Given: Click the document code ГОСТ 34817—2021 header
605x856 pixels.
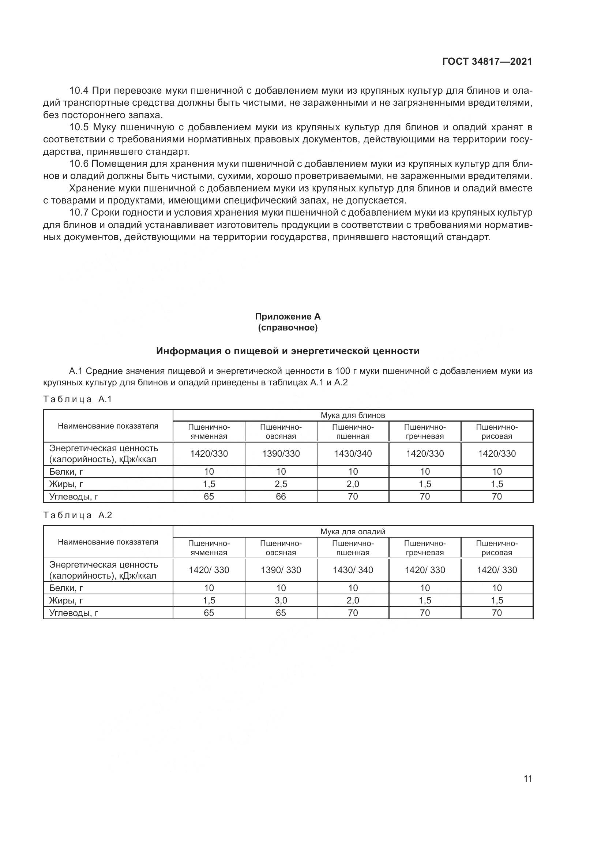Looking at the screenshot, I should pos(487,62).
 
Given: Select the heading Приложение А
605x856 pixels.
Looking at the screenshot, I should pos(288,317).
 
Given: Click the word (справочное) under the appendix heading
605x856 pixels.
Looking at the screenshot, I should pos(288,328).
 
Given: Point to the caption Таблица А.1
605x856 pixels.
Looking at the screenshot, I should pos(78,399).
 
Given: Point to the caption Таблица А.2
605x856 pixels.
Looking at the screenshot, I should pos(78,515).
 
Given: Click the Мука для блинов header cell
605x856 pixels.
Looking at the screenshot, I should pos(352,415).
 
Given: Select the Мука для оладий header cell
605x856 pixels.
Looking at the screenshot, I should pos(352,532).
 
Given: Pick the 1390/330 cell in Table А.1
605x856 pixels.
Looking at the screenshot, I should pos(281,454).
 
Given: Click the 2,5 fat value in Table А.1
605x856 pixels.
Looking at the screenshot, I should pos(281,484).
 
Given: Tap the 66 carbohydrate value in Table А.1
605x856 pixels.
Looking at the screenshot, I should pos(281,496).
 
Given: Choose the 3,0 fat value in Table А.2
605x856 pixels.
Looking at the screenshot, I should pos(281,600).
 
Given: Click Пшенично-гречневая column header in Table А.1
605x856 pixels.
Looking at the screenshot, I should pos(425,431).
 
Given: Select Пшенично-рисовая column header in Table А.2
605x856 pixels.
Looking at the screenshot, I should pos(497,548).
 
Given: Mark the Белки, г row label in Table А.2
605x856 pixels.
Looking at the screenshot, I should pos(66,588).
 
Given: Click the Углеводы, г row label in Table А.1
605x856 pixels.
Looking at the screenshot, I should pos(74,496).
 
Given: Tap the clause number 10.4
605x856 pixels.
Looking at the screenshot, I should pos(79,91).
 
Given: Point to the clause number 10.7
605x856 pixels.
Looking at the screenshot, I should pos(79,213).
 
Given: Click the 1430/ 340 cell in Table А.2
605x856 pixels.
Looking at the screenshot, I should pos(353,570).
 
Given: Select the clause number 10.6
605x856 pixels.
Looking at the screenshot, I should pos(79,164).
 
